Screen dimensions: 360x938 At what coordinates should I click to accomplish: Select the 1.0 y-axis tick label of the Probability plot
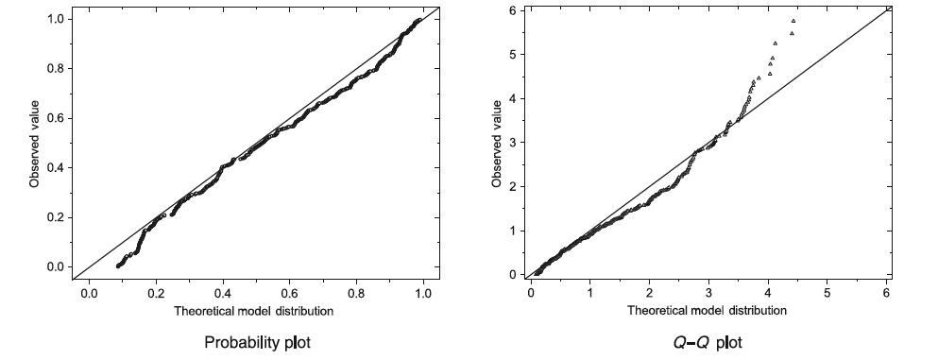click(58, 19)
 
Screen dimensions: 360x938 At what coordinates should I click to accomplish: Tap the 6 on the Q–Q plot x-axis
click(886, 292)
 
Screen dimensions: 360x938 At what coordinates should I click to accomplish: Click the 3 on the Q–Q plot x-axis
click(708, 292)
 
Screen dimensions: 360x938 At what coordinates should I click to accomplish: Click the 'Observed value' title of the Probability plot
click(34, 143)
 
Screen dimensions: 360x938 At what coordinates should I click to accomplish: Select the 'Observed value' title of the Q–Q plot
click(497, 143)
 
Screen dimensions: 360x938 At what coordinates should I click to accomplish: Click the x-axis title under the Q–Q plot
click(708, 309)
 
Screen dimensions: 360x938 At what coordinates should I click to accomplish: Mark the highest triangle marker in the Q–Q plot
click(793, 21)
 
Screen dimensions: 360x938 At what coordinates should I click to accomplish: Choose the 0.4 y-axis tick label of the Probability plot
click(58, 168)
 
